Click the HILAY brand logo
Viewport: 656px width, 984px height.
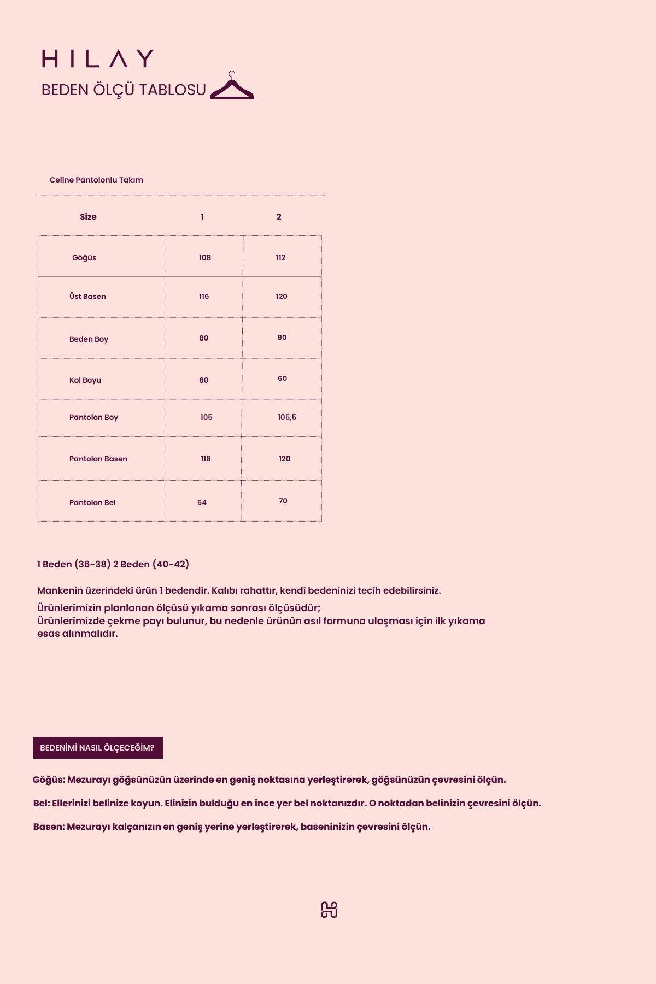tap(97, 58)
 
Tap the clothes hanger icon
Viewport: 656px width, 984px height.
tap(232, 86)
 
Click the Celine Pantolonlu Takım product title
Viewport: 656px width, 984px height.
tap(96, 180)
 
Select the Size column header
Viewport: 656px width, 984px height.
tap(88, 217)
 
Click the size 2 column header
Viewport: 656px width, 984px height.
tap(279, 217)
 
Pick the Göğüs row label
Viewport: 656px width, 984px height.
tap(84, 257)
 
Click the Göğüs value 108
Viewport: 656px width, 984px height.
tap(205, 257)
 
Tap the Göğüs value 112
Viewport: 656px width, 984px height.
tap(280, 257)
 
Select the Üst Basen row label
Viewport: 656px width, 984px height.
tap(87, 296)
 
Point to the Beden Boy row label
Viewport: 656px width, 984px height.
tap(89, 339)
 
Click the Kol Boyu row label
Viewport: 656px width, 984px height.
tap(85, 380)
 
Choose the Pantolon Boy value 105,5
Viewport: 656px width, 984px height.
tap(287, 417)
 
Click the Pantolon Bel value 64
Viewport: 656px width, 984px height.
tap(202, 502)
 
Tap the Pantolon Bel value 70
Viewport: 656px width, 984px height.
tap(283, 501)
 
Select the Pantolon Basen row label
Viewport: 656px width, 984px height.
tap(98, 459)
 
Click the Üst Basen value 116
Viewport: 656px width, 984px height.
tap(204, 296)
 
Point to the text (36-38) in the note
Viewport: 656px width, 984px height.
tap(92, 564)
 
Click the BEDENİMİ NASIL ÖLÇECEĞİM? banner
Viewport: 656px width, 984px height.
tap(98, 748)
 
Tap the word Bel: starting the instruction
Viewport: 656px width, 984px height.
tap(42, 803)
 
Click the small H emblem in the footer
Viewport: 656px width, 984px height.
tap(329, 910)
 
